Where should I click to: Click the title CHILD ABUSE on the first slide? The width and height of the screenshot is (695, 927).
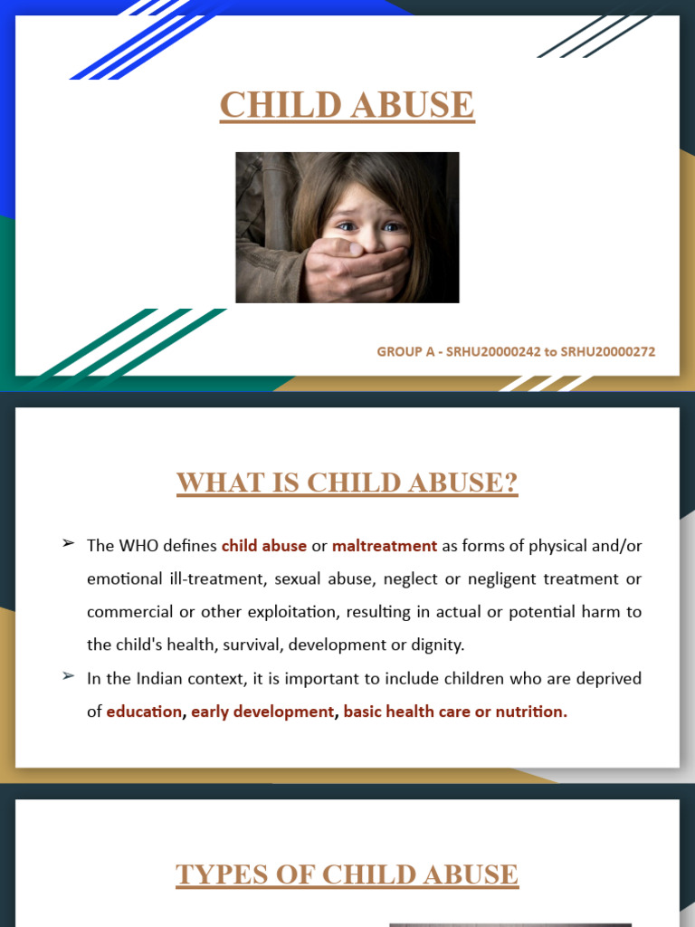coord(347,105)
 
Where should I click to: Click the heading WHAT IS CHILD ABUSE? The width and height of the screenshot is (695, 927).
coord(347,483)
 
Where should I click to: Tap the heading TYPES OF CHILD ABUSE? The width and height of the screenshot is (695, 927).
coord(347,874)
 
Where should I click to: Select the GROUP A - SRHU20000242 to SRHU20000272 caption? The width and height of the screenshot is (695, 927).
coord(516,351)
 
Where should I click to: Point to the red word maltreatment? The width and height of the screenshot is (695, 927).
coord(385,546)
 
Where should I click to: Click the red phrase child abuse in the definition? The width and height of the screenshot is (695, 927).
coord(264,546)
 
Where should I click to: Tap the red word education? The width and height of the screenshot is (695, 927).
coord(144,712)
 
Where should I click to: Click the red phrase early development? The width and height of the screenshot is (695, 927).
coord(262,712)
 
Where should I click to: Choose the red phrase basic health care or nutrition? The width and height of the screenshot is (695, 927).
coord(455,712)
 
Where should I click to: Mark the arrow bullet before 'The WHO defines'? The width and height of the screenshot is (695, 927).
coord(68,544)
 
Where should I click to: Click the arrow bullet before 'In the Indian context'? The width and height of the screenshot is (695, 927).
coord(68,676)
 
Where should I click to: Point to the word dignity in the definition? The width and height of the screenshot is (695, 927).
coord(438,645)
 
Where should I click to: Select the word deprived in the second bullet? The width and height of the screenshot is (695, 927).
coord(611,678)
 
